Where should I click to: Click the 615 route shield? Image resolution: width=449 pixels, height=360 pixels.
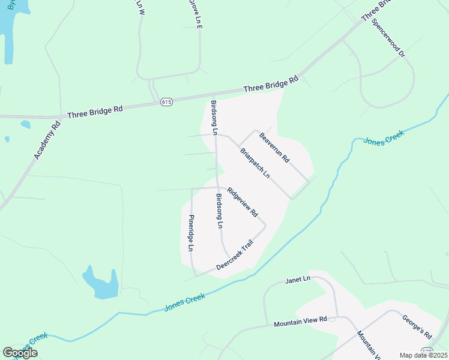166,103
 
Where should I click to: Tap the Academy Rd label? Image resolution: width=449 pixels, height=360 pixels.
47,140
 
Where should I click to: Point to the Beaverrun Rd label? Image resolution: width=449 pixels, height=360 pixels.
274,148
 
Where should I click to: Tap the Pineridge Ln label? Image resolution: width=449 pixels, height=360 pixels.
191,233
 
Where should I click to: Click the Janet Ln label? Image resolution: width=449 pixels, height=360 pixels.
298,280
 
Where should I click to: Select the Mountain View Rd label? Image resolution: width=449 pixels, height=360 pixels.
300,323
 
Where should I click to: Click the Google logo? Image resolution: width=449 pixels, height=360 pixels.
20,353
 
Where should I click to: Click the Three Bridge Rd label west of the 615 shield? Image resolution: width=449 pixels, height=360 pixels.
95,112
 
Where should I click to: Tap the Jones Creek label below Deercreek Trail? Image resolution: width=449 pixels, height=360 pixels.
184,302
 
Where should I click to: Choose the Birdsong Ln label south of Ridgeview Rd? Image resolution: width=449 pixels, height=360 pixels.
219,211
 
